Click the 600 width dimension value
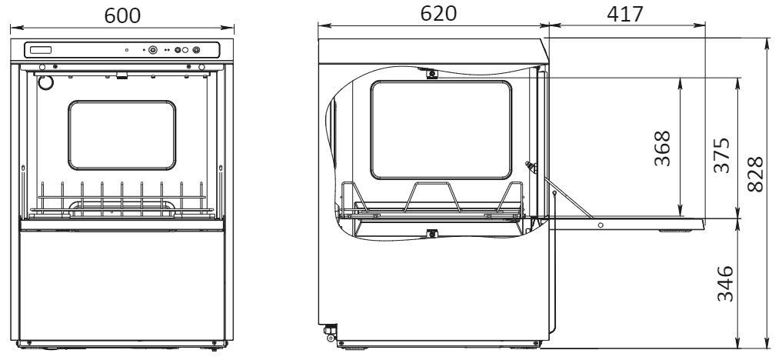(x=122, y=15)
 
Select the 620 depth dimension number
(x=438, y=14)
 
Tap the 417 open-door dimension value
(x=625, y=15)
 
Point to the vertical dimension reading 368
(x=662, y=148)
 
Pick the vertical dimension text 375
(x=721, y=155)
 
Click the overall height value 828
(x=755, y=174)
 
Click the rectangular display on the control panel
(x=41, y=50)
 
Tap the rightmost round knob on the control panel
(x=196, y=50)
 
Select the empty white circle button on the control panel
(x=185, y=50)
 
